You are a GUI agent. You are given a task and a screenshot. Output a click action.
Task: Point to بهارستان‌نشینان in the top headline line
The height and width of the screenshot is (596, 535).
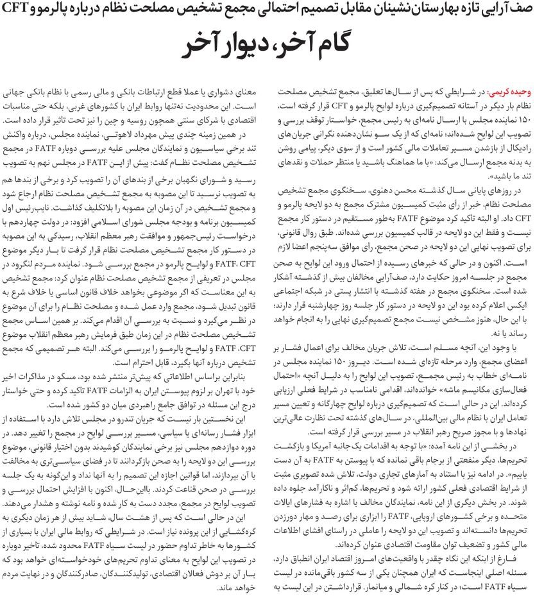399,9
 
